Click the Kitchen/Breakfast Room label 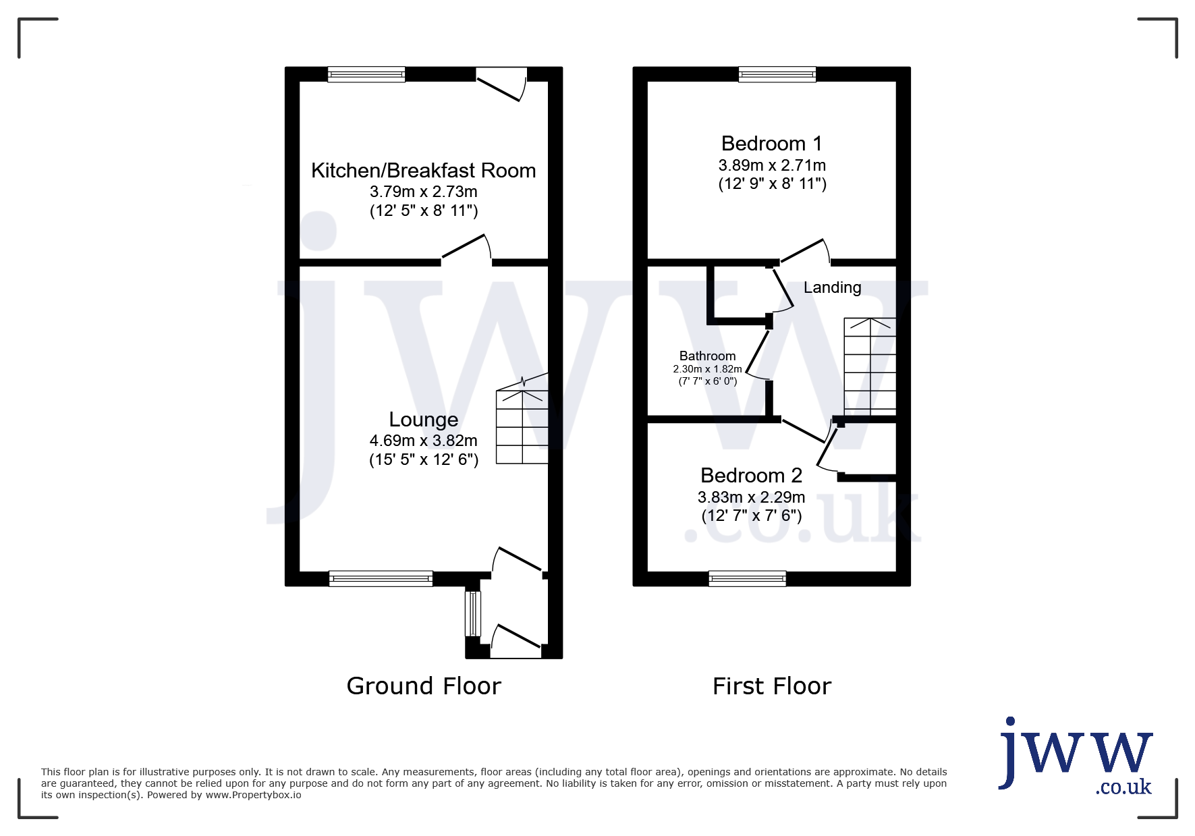tap(423, 171)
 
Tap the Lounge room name tap(424, 420)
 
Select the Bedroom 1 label tap(772, 144)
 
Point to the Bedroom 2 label tap(751, 476)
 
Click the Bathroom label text tap(707, 356)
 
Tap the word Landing tap(832, 287)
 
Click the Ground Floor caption tap(424, 686)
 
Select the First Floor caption tap(772, 686)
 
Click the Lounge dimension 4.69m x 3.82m tap(424, 441)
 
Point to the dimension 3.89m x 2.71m tap(772, 165)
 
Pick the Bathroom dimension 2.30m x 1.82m tap(707, 369)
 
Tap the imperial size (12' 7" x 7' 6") tap(752, 516)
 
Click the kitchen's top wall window tap(366, 74)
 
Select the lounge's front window tap(381, 578)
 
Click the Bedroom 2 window tap(748, 578)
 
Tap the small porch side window tap(473, 613)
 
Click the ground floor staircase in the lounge tap(522, 420)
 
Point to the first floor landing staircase tap(870, 366)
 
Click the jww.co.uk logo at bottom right tap(1075, 757)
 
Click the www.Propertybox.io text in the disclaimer tap(253, 795)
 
